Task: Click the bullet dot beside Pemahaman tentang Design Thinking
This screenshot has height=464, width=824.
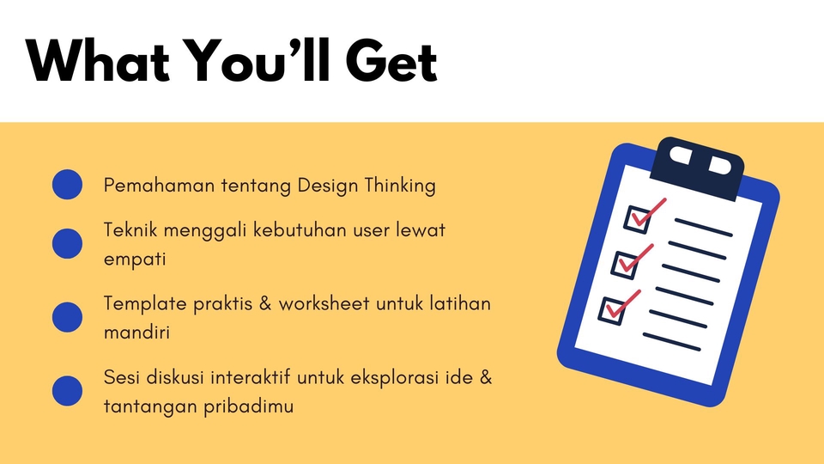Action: click(67, 185)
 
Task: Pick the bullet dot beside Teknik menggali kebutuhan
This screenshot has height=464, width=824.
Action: click(67, 244)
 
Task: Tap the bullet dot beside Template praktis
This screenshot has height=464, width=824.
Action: click(67, 317)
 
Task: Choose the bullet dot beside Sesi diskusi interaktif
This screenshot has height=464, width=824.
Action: click(67, 390)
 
